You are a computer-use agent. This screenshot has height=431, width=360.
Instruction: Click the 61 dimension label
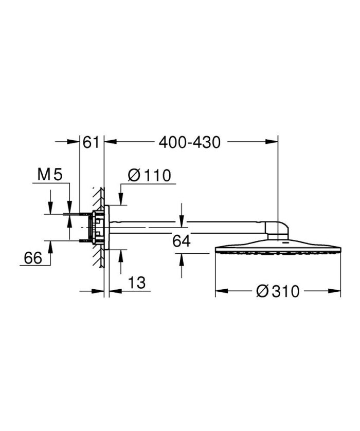coord(91,142)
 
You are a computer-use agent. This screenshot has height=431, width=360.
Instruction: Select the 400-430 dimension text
coord(189,142)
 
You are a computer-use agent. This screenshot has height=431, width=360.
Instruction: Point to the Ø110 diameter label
coord(149,175)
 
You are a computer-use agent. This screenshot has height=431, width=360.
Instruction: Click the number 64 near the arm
coord(182,241)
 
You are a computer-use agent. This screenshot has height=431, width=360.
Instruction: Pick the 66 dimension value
coord(33,258)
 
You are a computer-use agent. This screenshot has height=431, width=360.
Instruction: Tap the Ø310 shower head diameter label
coord(277,291)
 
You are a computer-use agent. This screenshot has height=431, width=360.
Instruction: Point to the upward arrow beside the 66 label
coord(50,246)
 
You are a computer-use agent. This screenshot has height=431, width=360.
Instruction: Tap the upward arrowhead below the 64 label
coord(181,259)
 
